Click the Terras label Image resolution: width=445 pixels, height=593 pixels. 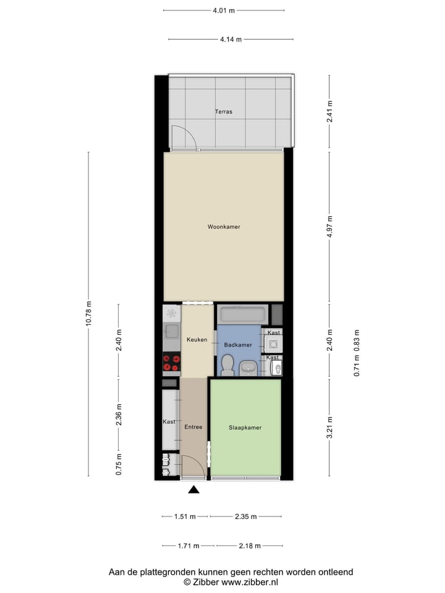[x=224, y=112]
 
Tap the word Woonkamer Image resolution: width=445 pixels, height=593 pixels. [x=224, y=227]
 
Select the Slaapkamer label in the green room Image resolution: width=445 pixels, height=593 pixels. [x=245, y=427]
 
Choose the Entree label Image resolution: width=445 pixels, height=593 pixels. [x=193, y=427]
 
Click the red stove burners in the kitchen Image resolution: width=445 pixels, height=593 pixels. [x=171, y=363]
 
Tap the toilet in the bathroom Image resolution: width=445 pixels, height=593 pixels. [x=227, y=365]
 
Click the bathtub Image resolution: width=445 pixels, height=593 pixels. [x=242, y=314]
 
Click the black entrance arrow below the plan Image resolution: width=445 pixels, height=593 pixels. [x=194, y=490]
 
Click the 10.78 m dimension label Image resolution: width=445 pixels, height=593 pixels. [x=89, y=314]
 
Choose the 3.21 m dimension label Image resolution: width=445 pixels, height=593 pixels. [x=329, y=427]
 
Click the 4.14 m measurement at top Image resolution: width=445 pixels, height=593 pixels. [x=231, y=40]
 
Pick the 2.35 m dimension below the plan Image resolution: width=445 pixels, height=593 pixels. [x=245, y=516]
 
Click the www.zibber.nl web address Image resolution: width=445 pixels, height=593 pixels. [x=250, y=582]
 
